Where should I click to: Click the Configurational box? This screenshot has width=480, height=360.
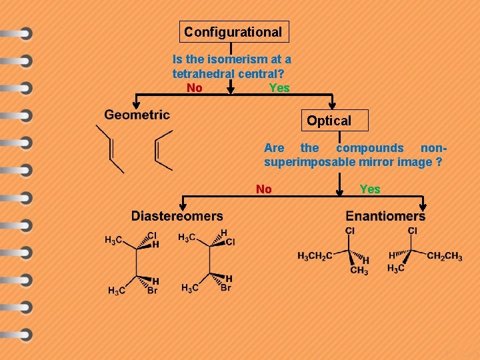click(x=233, y=31)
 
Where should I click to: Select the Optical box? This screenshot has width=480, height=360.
click(x=329, y=121)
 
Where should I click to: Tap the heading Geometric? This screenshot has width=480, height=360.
click(x=137, y=115)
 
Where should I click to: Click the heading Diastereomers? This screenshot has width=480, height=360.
click(x=177, y=215)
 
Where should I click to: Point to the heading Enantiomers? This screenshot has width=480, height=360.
click(x=385, y=216)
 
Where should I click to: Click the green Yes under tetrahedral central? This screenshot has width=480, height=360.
click(x=279, y=88)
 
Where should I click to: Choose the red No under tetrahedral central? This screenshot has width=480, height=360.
click(x=195, y=88)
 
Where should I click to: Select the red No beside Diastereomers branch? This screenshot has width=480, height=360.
click(x=264, y=189)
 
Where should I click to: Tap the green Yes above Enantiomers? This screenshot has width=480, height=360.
click(x=370, y=189)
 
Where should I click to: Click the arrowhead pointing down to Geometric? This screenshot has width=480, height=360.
click(x=136, y=103)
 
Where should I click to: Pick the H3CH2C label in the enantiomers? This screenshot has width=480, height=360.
click(x=315, y=257)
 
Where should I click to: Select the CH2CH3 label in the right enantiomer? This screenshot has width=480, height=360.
click(x=445, y=257)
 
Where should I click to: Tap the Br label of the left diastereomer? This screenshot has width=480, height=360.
click(x=152, y=291)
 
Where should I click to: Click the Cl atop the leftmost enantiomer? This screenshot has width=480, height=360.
click(x=350, y=231)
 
